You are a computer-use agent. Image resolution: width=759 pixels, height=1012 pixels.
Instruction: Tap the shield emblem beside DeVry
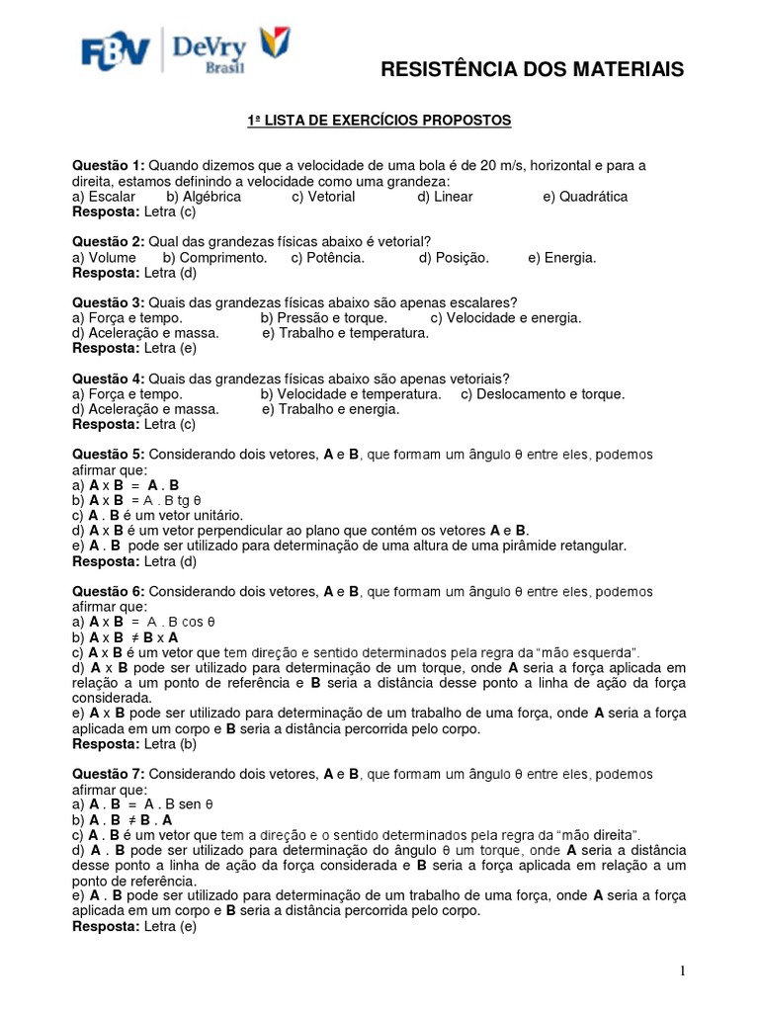[x=273, y=45]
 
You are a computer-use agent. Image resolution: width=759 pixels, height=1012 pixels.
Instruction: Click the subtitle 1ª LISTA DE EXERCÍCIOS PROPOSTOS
[x=379, y=121]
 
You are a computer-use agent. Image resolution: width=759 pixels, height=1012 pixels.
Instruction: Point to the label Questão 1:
[x=109, y=166]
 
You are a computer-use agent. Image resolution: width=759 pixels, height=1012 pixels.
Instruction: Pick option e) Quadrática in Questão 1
[x=585, y=197]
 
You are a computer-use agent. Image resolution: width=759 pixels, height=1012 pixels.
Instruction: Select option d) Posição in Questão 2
[x=454, y=257]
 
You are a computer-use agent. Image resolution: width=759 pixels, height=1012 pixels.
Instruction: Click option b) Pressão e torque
[x=323, y=318]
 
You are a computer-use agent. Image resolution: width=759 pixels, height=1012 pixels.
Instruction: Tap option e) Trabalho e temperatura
[x=345, y=333]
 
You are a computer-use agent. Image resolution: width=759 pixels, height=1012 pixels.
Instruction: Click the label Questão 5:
[x=109, y=455]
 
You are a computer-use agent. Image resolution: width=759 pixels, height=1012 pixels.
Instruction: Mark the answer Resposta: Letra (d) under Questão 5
[x=135, y=561]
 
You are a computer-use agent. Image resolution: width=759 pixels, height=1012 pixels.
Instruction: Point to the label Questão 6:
[x=109, y=591]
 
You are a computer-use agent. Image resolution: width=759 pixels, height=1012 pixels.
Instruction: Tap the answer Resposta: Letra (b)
[x=135, y=743]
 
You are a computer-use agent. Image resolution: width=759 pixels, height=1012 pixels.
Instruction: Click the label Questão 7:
[x=109, y=774]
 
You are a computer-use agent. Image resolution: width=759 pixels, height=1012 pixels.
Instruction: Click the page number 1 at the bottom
[x=683, y=971]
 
